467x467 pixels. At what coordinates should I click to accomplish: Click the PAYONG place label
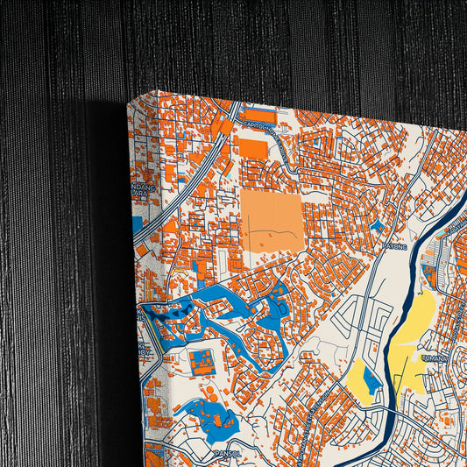coord(395,247)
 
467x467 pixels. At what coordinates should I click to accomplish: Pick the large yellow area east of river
coord(415,333)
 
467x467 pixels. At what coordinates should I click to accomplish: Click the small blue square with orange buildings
coord(202,362)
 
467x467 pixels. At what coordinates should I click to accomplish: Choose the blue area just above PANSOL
coord(215,416)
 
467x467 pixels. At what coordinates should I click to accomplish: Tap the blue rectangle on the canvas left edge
coord(137,224)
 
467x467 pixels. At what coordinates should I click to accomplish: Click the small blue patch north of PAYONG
coord(376,226)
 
